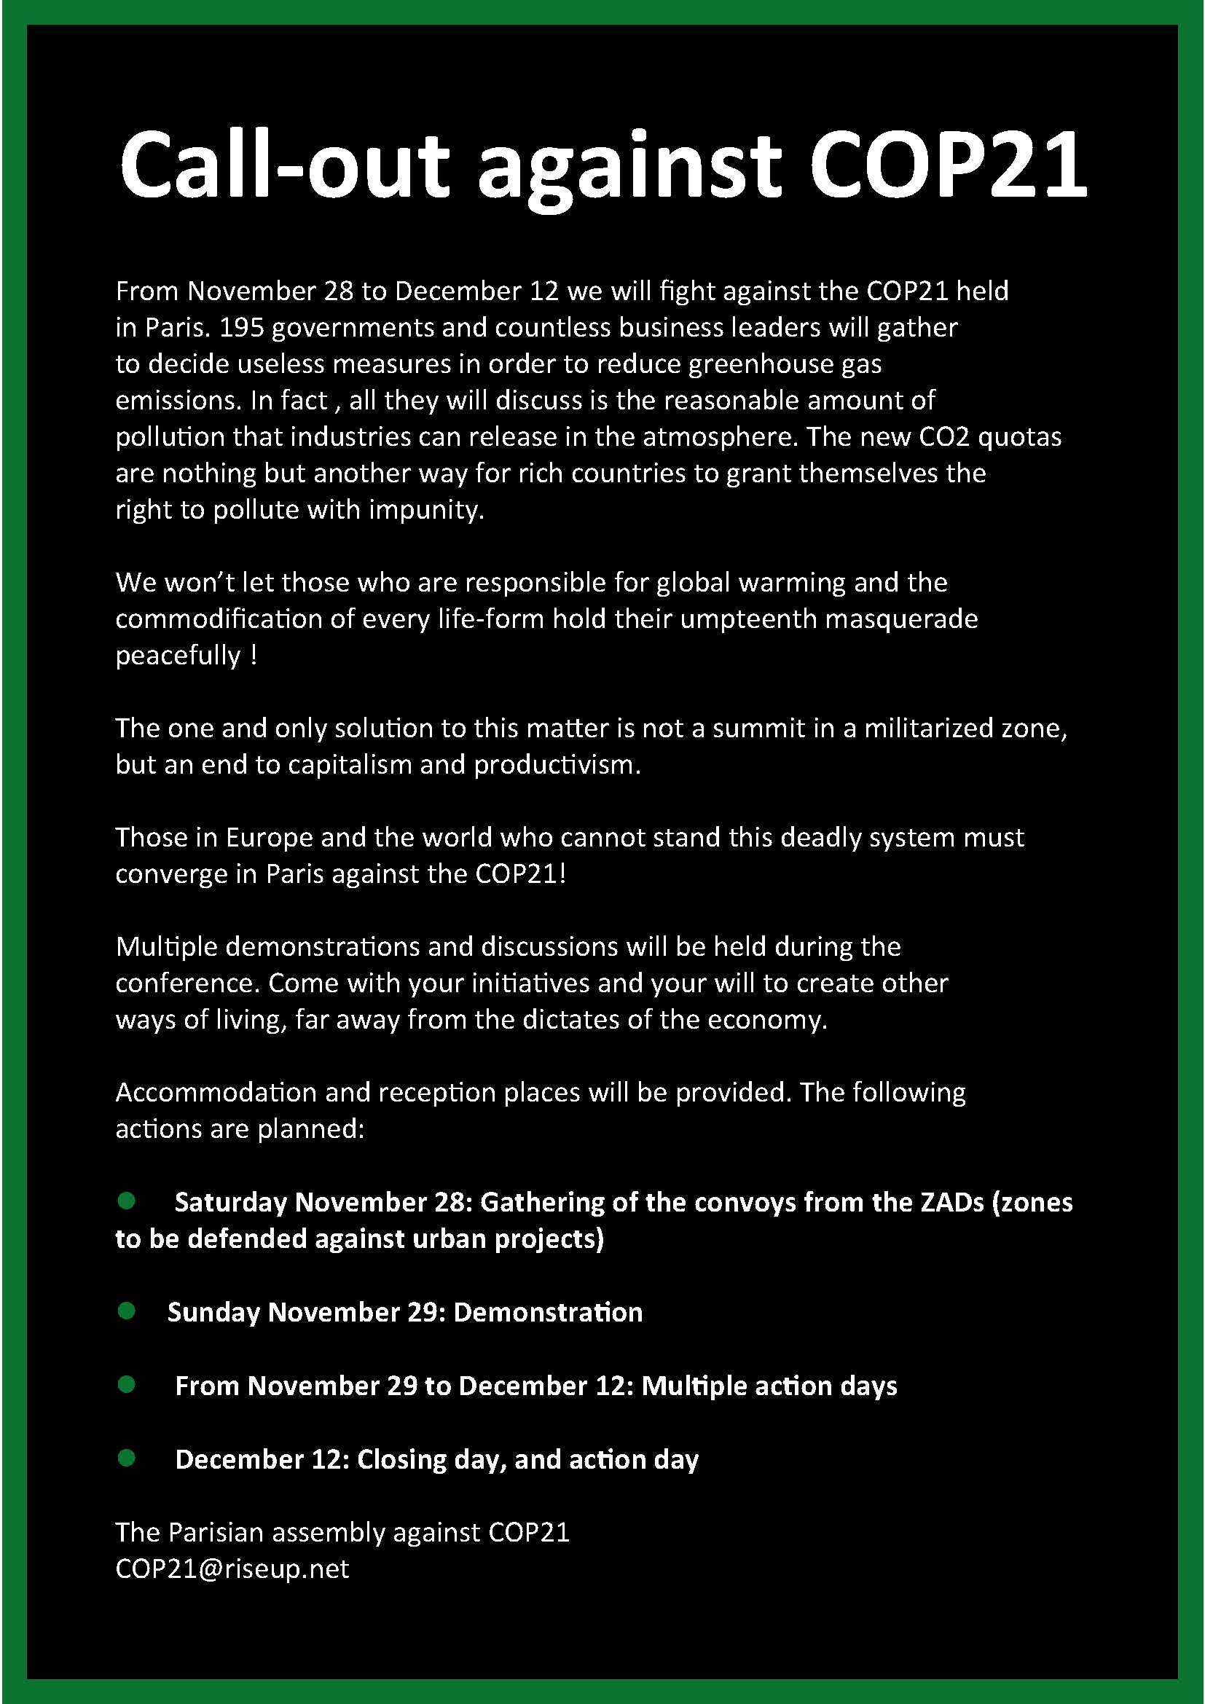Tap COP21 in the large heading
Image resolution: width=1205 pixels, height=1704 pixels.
[948, 165]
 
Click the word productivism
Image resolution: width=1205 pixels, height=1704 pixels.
[557, 764]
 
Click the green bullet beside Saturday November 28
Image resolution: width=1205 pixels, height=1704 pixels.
[127, 1201]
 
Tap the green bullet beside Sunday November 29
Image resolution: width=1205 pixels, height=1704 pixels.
[127, 1311]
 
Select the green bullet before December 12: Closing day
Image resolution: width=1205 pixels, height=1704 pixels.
[127, 1458]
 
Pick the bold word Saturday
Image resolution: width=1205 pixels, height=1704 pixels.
[231, 1202]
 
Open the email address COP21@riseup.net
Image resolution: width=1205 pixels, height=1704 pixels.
[232, 1569]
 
